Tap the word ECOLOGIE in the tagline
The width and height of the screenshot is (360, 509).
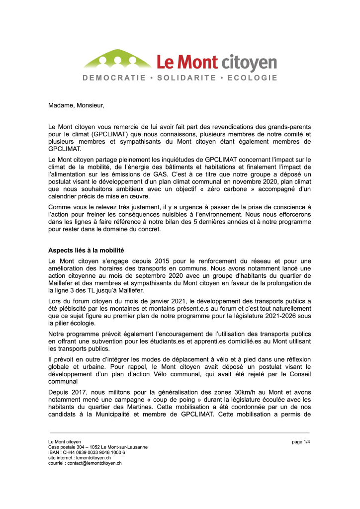click(252, 78)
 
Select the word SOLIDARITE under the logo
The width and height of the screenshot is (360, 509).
click(187, 78)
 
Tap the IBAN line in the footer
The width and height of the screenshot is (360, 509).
click(87, 452)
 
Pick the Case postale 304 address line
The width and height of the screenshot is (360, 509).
click(97, 447)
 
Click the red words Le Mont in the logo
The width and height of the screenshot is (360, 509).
click(187, 62)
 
